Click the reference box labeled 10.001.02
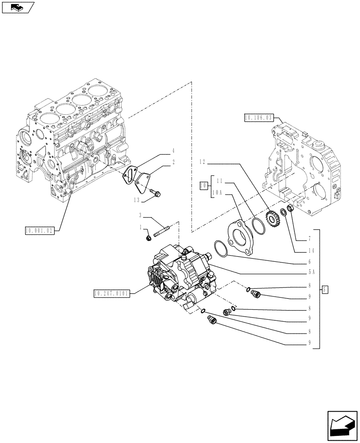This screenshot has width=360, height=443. point(39,231)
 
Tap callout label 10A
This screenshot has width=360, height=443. point(217,193)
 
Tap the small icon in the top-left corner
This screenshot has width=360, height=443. point(17,7)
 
